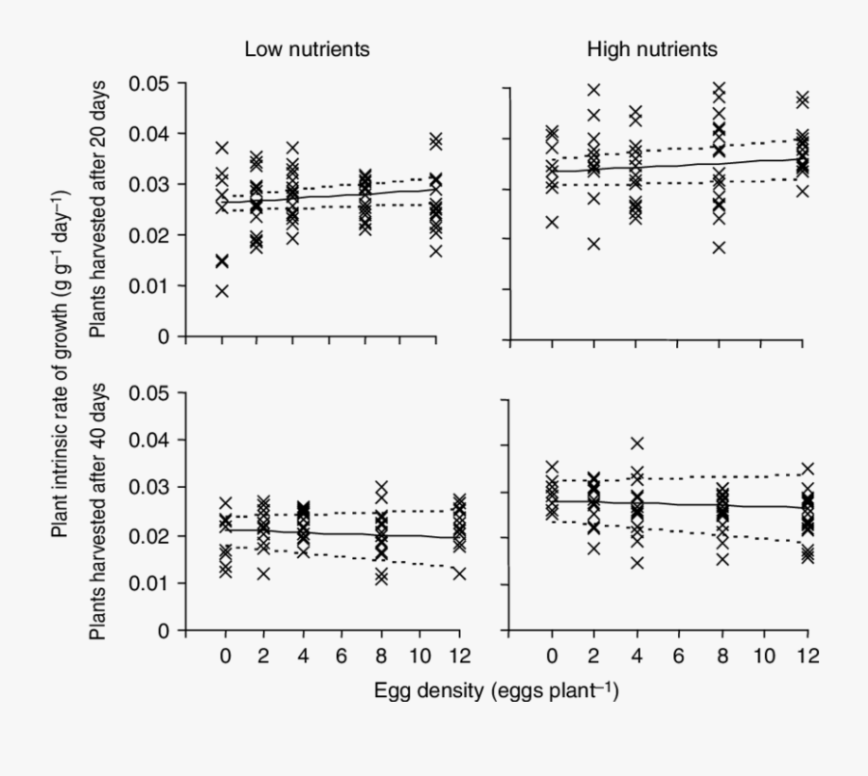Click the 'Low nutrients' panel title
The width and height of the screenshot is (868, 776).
[307, 49]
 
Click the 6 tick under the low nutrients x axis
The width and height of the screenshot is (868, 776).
[340, 656]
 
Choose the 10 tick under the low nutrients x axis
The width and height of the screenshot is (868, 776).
[420, 656]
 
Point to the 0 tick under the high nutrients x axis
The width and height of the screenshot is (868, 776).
[553, 656]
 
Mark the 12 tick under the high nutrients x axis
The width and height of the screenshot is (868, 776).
[807, 656]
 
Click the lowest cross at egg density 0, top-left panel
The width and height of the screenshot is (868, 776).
[223, 290]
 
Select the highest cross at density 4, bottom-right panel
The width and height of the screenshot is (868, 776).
[637, 443]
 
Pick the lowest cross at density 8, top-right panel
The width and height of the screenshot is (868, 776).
[719, 248]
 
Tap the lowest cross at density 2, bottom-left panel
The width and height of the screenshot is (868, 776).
[263, 575]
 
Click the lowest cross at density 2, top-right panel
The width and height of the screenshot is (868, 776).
[594, 244]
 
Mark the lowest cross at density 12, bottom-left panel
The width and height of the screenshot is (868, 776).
[459, 574]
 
